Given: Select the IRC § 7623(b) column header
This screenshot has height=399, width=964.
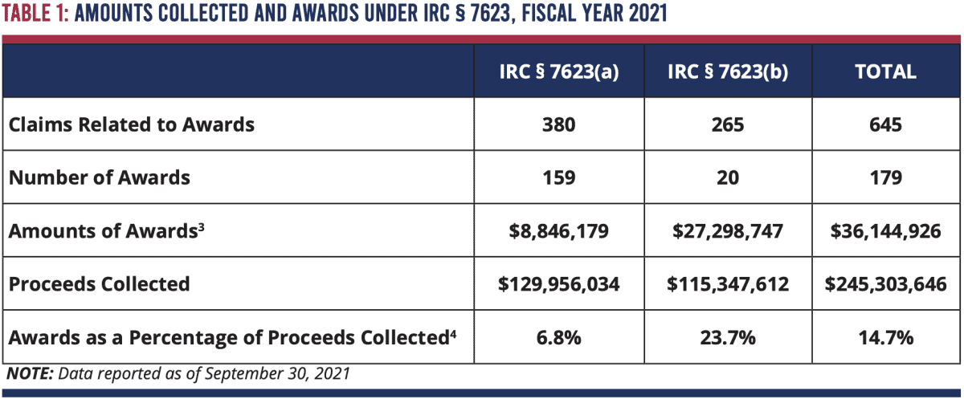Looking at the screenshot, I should click(x=727, y=71).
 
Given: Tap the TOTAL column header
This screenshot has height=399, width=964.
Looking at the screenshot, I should click(x=885, y=71).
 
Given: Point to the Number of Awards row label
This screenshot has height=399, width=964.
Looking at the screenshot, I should click(x=100, y=177).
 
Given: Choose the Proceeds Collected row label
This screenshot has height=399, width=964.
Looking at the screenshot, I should click(x=100, y=283).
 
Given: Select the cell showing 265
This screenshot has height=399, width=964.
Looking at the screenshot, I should click(x=727, y=124).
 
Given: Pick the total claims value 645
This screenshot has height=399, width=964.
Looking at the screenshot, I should click(x=885, y=124).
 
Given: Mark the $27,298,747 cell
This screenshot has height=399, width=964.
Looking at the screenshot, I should click(x=727, y=231).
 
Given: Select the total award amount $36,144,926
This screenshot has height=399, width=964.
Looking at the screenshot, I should click(x=885, y=231).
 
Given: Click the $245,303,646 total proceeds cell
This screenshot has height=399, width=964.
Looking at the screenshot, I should click(x=885, y=284).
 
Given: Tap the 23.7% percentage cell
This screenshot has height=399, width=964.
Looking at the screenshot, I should click(x=727, y=338).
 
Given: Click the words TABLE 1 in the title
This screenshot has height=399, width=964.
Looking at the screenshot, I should click(x=36, y=15).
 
